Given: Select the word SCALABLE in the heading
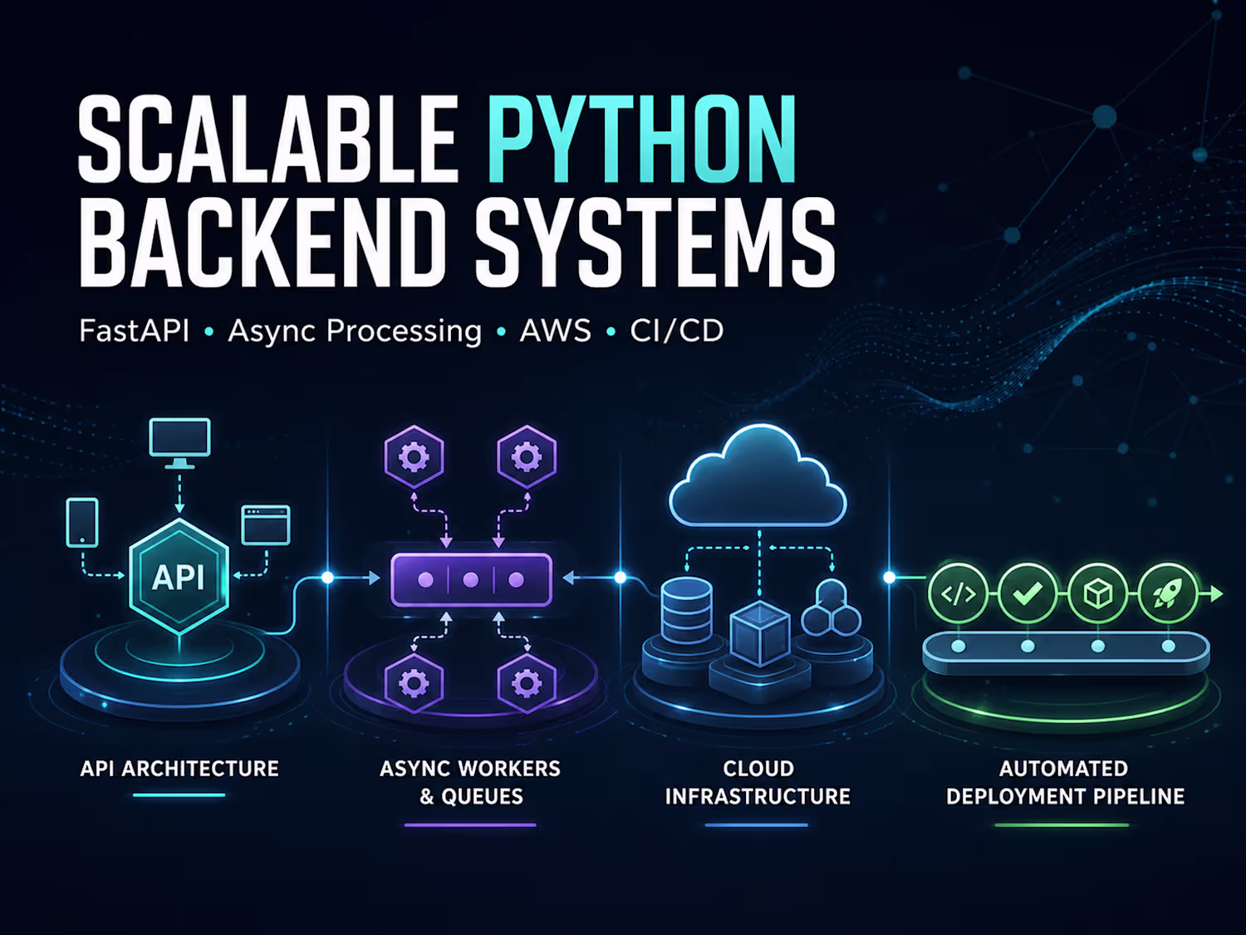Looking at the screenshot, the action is point(267,140).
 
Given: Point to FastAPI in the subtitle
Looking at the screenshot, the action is point(134,331).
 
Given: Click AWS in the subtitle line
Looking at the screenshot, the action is point(555,331).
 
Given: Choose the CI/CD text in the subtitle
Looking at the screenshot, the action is point(677,331).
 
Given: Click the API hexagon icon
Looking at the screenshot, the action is point(179,576).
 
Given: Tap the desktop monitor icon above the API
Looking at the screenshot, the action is point(180,443).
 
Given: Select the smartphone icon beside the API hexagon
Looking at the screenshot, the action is point(82,522).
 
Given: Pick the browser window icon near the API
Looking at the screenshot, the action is point(266,525).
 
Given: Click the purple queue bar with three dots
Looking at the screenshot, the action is point(471,579).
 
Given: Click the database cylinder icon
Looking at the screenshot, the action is point(686,610).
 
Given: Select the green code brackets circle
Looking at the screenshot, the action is point(959,593).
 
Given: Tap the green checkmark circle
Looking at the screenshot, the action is point(1028,593).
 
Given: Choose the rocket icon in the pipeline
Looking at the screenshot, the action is point(1168,593).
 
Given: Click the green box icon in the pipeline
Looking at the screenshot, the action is point(1098,593).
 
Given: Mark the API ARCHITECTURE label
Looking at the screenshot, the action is point(179,769).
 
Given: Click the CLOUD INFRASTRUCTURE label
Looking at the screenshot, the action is point(758,782).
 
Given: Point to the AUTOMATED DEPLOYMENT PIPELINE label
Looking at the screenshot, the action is point(1065,782).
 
